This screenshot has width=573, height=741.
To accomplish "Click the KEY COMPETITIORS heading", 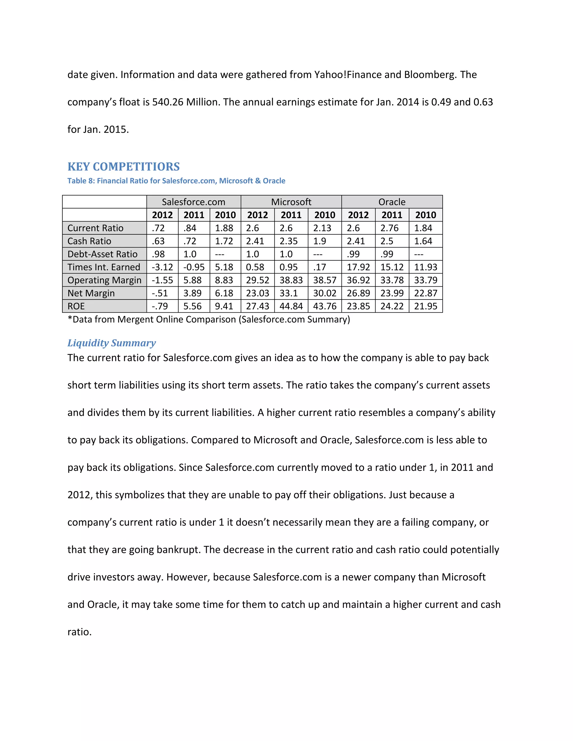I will [124, 167].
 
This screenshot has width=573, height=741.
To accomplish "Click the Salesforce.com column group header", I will [194, 202].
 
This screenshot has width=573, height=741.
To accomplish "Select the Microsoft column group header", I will [291, 202].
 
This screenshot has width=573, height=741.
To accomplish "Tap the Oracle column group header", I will [392, 202].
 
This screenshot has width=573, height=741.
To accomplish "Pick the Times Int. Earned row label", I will [104, 267].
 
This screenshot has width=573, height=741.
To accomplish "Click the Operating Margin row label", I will [104, 280].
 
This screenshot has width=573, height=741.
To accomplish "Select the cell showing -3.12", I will [162, 267].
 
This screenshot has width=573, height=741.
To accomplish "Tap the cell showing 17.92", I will [358, 267].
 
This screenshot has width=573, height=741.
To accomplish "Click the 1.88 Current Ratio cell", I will [224, 228].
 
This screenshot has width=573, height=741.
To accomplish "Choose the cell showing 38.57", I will [325, 280].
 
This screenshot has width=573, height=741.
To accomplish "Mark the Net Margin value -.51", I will [159, 293].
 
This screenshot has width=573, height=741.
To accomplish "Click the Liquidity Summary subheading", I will [111, 343].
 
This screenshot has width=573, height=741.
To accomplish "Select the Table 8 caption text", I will [176, 181].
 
